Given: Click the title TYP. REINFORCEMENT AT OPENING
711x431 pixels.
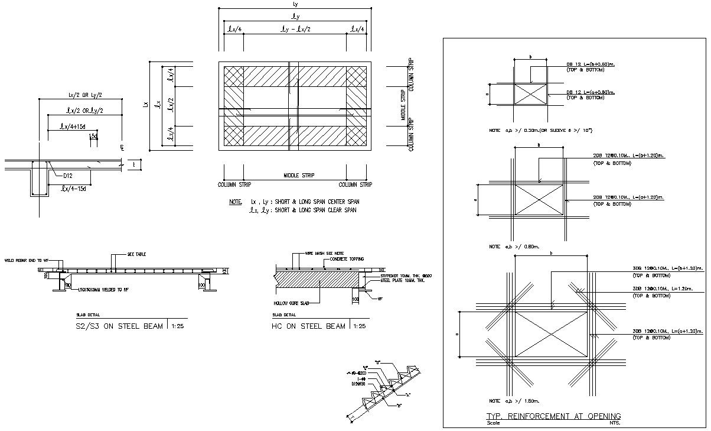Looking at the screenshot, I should coord(553,416).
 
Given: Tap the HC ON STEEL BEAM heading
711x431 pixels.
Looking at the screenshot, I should coord(308,326).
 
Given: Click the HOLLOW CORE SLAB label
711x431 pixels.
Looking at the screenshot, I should coord(289,303).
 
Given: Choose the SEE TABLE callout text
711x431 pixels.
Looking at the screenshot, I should coord(136,254).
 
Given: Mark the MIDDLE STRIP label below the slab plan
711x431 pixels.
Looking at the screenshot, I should coord(299,176).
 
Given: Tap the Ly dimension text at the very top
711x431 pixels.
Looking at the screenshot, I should coord(295,4).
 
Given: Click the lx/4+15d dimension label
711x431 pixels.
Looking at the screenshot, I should coord(73,126).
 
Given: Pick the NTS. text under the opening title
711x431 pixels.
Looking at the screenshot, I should coord(614,423).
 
